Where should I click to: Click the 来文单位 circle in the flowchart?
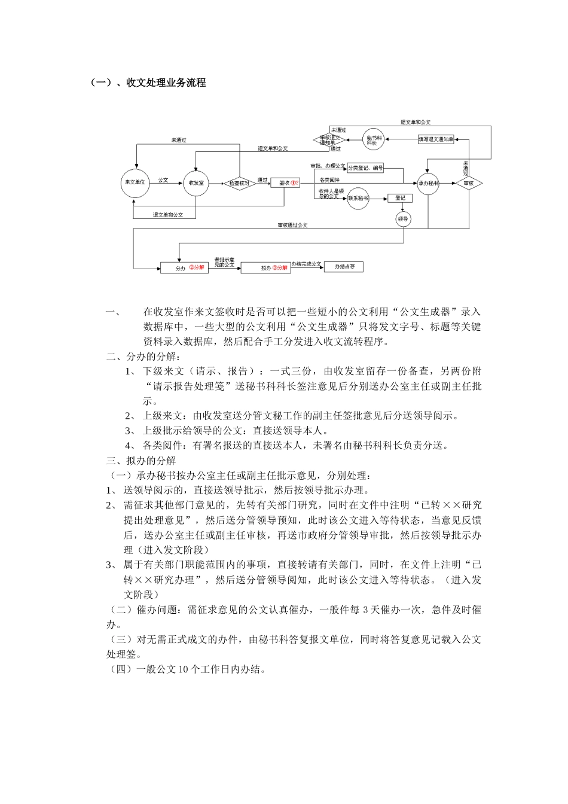pyautogui.click(x=133, y=182)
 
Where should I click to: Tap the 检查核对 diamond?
pyautogui.click(x=239, y=183)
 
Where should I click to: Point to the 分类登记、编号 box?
pyautogui.click(x=365, y=168)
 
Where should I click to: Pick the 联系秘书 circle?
pyautogui.click(x=359, y=198)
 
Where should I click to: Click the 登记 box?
pyautogui.click(x=400, y=197)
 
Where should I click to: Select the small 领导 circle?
pyautogui.click(x=404, y=219)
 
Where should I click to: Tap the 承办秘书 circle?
pyautogui.click(x=428, y=183)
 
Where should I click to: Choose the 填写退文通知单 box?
pyautogui.click(x=436, y=139)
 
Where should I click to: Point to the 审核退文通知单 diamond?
pyautogui.click(x=329, y=139)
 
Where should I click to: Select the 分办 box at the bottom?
pyautogui.click(x=184, y=268)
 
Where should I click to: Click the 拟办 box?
pyautogui.click(x=265, y=268)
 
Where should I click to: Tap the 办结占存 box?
pyautogui.click(x=343, y=267)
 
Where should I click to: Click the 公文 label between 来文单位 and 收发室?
pyautogui.click(x=163, y=179)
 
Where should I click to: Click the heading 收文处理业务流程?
pyautogui.click(x=166, y=83)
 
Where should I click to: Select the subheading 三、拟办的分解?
pyautogui.click(x=141, y=461)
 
